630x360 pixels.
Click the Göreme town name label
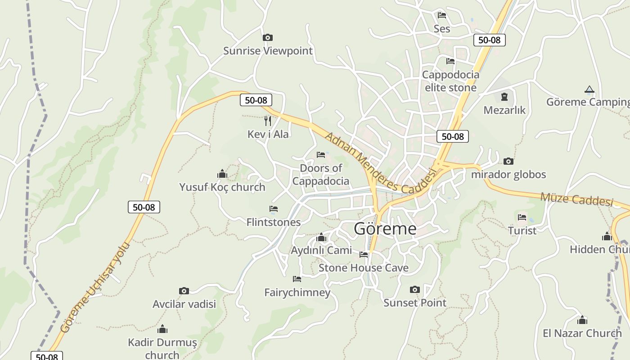point(385,229)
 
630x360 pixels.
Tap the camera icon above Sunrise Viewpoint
point(268,37)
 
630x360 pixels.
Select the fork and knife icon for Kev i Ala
point(268,121)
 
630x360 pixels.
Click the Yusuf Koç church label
point(222,187)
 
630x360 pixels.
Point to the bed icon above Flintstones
point(274,209)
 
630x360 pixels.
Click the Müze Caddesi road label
point(576,198)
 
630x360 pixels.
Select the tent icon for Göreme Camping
point(589,89)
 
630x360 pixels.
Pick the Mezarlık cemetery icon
point(504,96)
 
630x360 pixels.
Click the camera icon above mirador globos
point(508,161)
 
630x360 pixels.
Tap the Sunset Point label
point(415,303)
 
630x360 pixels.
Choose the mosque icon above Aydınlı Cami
point(321,237)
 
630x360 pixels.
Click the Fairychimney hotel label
point(297,292)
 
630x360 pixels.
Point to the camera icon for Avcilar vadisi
point(184,291)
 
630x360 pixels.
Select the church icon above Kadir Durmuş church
point(162,329)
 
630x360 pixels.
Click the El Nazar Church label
point(582,333)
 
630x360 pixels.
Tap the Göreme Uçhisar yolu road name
point(95,288)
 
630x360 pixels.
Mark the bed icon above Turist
point(522,217)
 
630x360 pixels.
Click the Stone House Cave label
point(364,268)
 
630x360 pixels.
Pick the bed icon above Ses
point(442,15)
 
